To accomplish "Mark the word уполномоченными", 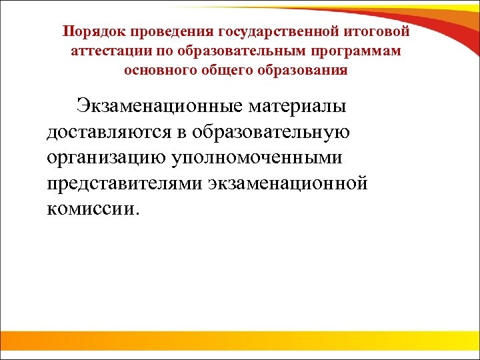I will click(264, 157).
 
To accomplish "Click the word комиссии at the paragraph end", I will click(93, 209).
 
